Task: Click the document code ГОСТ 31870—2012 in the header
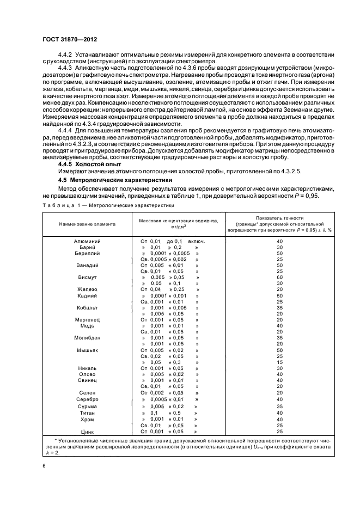coord(71,40)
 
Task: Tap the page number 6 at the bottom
coord(44,466)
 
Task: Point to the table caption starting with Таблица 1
coord(108,205)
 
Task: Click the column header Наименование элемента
coord(87,223)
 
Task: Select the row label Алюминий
coord(87,241)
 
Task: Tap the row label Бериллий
coord(87,253)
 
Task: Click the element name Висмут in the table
coord(87,277)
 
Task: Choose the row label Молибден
coord(87,338)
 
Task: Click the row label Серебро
coord(87,399)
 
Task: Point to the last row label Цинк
coord(87,432)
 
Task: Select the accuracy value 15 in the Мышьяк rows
coord(280,362)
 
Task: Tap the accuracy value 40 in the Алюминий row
coord(280,241)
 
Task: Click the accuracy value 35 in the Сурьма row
coord(280,406)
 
